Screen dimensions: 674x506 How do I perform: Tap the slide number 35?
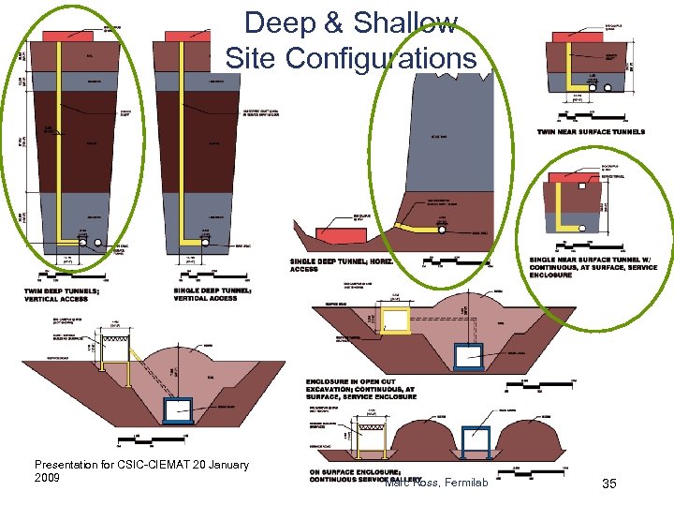click(609, 484)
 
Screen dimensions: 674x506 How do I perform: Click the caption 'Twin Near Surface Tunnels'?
click(591, 132)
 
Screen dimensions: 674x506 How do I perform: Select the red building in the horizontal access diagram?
click(335, 233)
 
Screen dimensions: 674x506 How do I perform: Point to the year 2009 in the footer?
click(47, 478)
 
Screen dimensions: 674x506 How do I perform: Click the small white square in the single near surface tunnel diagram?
click(582, 186)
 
